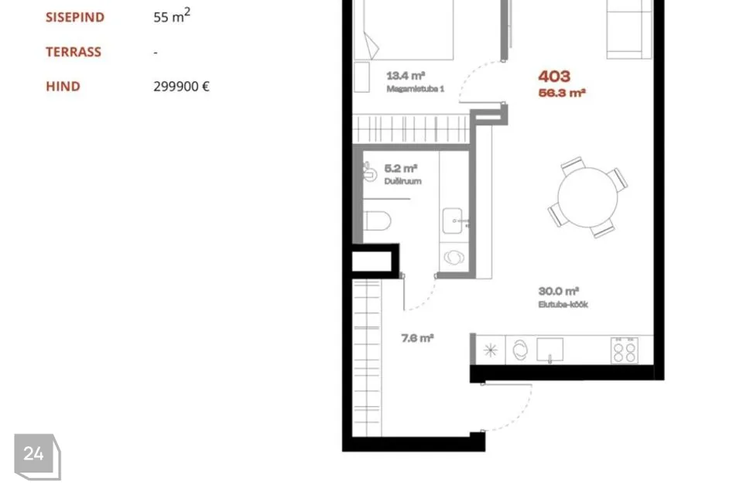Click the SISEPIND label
pos(75,17)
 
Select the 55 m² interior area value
pos(172,15)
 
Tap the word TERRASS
pos(74,52)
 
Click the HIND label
pos(63,86)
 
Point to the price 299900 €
pos(181,86)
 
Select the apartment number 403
pos(554,77)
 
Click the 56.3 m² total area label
pos(562,92)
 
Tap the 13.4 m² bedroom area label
pos(406,75)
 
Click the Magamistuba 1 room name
pos(415,89)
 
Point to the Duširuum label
pos(402,181)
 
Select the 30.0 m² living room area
pos(559,291)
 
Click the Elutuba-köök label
pos(563,304)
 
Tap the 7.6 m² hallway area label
pos(417,338)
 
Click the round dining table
pos(587,197)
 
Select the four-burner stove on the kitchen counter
pos(624,350)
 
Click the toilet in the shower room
pos(377,220)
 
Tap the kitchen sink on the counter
pos(550,350)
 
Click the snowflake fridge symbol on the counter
pos(491,350)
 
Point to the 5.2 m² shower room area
pos(400,168)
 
